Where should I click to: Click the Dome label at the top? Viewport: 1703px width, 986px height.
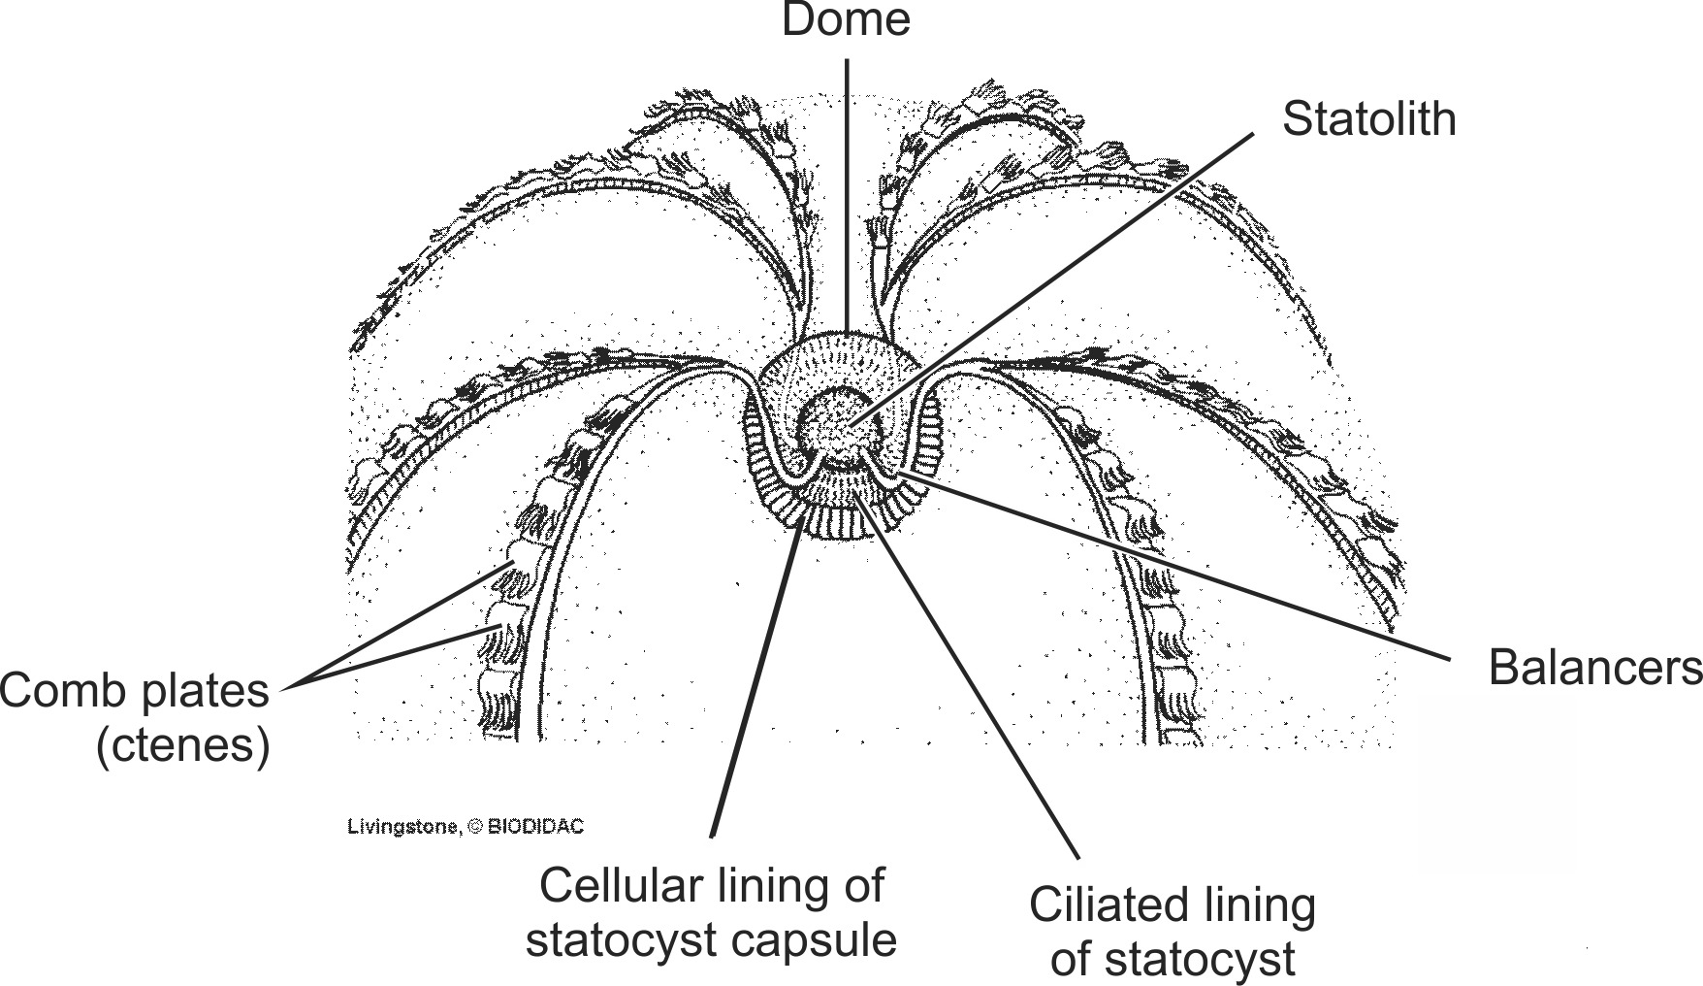846,20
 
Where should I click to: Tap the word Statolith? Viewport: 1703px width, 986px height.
1368,119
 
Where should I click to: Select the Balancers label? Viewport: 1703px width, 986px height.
1594,669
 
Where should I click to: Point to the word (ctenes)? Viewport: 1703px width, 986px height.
182,746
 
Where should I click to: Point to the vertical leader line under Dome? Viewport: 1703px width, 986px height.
847,194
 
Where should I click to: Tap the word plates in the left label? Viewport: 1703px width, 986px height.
206,692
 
